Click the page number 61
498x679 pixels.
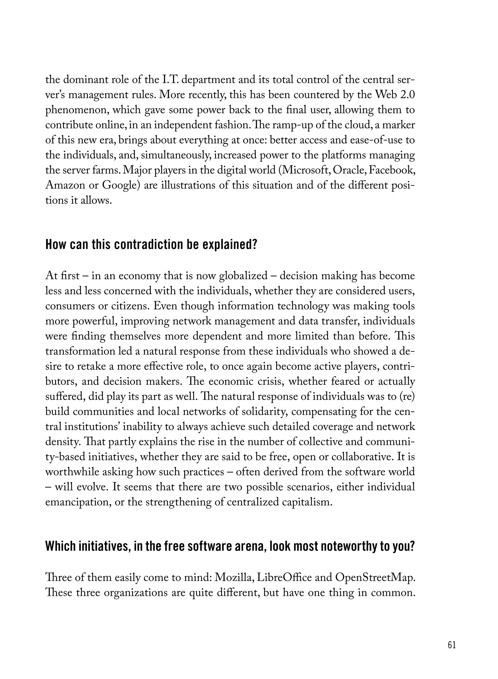[x=452, y=643]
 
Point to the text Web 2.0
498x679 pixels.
[x=395, y=95]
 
